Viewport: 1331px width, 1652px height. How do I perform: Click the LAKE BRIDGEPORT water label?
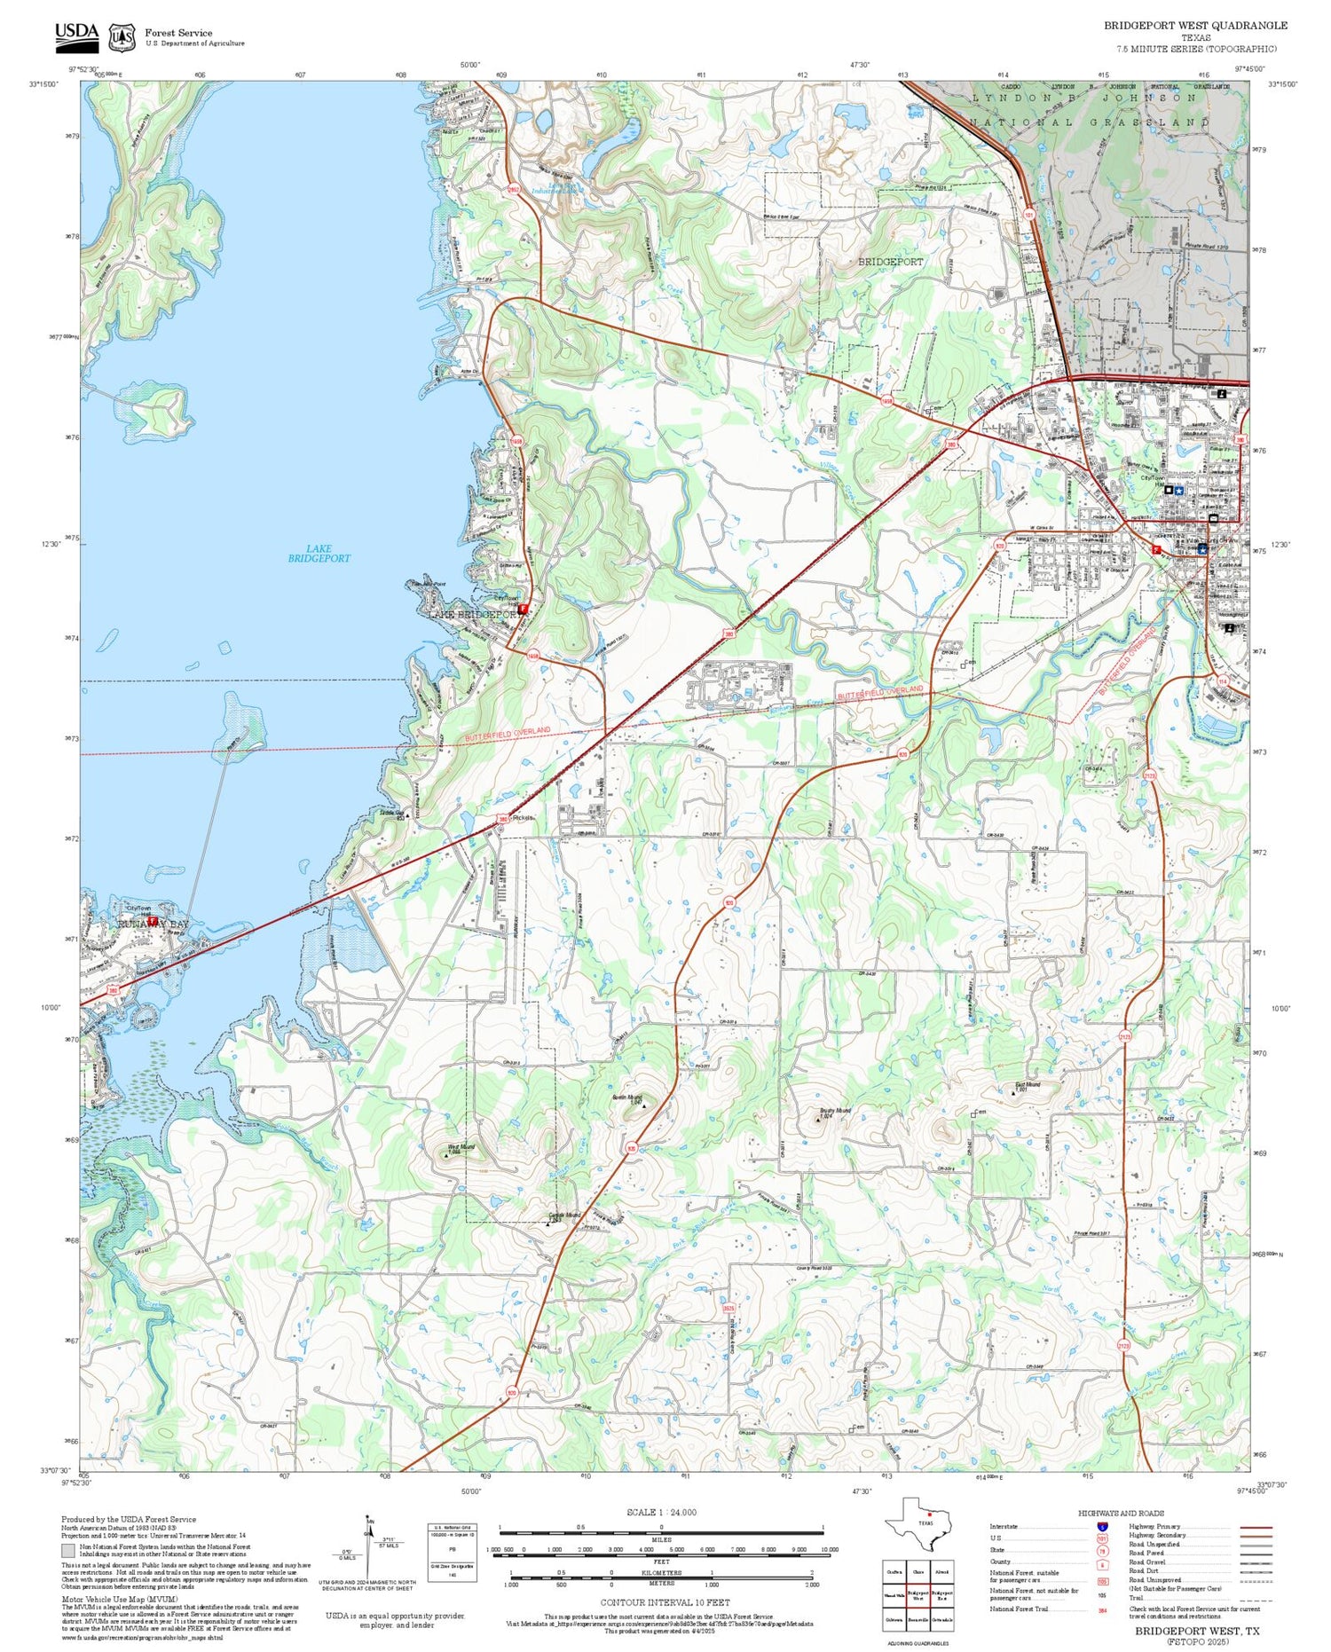click(319, 554)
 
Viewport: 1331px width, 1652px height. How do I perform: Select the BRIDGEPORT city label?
click(890, 262)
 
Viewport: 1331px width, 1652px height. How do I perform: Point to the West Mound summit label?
click(461, 1147)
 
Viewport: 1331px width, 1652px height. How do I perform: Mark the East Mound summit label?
click(1027, 1084)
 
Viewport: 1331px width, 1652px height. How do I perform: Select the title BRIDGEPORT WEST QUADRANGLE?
click(1194, 25)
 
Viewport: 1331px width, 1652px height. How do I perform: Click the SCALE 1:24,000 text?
click(661, 1512)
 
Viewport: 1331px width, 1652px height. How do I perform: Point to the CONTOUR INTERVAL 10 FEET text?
click(665, 1602)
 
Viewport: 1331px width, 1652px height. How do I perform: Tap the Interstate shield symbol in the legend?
click(1101, 1526)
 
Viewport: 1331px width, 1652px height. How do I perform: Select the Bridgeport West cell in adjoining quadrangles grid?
click(919, 1594)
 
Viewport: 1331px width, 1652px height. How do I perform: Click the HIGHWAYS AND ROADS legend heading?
click(1121, 1513)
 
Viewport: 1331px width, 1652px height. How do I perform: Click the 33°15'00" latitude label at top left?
click(43, 84)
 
